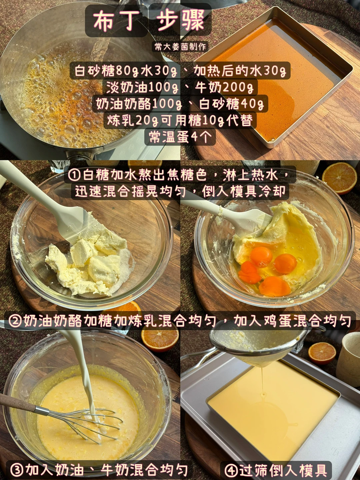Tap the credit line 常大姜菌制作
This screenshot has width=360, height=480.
(180, 47)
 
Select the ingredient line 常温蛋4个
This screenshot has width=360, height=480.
(180, 137)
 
